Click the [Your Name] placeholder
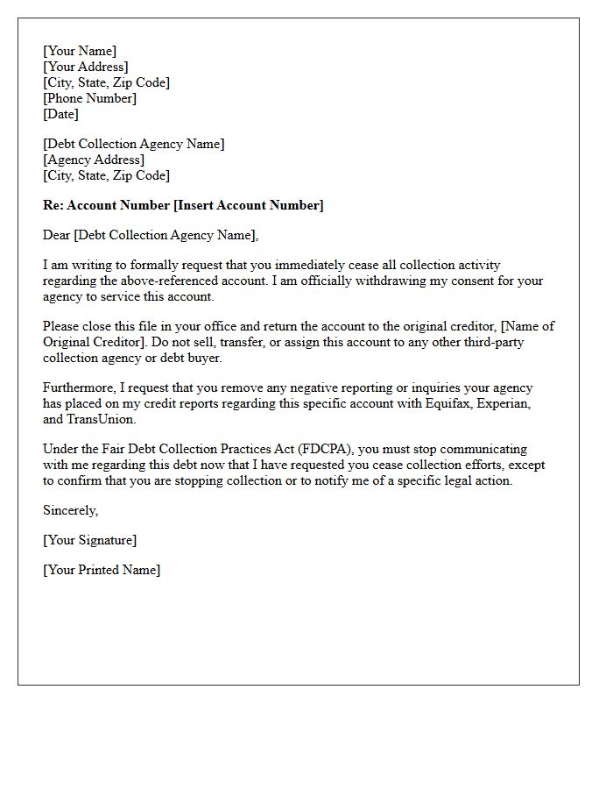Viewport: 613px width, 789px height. [80, 51]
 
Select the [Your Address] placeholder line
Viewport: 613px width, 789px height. [86, 67]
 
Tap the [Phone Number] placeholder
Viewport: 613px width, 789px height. [90, 98]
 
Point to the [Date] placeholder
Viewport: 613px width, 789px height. [61, 114]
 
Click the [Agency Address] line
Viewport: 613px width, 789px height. [94, 160]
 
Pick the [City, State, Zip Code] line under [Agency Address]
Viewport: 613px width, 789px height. [106, 175]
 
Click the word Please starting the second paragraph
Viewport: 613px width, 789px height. [61, 326]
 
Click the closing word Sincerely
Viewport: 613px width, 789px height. [70, 510]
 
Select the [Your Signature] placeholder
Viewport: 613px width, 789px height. [90, 540]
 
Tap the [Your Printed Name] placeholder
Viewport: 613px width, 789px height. [102, 570]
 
